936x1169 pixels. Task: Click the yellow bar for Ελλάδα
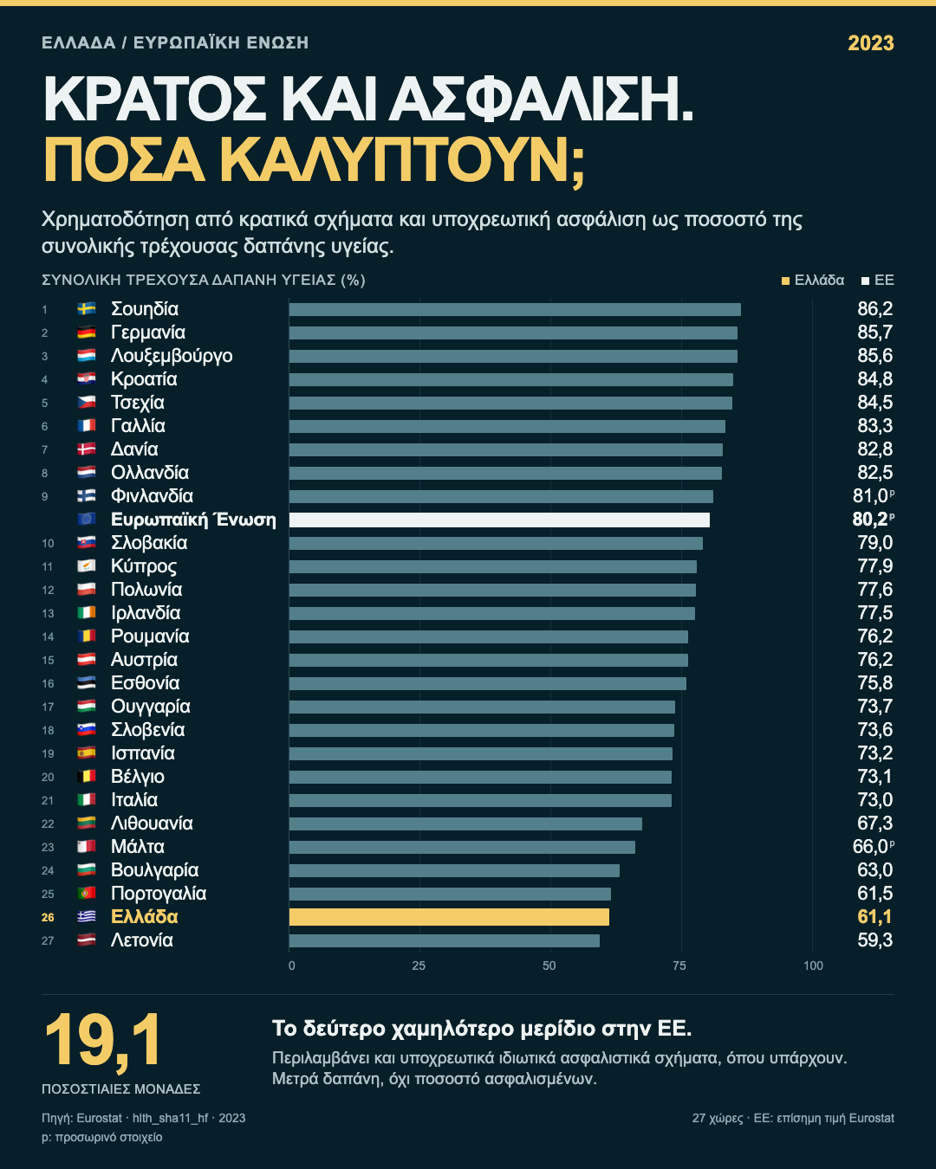pos(449,917)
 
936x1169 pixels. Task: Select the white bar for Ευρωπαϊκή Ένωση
pos(499,520)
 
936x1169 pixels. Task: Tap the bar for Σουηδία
pos(515,310)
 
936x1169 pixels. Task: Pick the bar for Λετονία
pos(445,940)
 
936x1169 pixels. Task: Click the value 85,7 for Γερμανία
pos(874,333)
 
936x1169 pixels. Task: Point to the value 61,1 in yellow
pos(874,917)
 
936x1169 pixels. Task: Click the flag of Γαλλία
pos(87,425)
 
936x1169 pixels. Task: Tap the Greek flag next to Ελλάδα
pos(87,916)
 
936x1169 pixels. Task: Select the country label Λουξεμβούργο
pos(172,356)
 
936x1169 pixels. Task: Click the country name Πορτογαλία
pos(159,894)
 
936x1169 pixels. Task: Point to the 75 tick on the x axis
pos(679,966)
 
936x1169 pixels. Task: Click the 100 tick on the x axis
pos(813,966)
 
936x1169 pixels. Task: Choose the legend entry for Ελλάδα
pos(813,281)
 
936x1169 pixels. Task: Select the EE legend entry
pos(877,281)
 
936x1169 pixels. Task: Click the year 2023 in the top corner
pos(871,43)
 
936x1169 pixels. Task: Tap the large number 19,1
pos(102,1041)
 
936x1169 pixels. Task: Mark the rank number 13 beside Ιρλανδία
pos(48,614)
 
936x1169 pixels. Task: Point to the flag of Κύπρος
pos(87,565)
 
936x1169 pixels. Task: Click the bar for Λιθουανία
pos(465,823)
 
